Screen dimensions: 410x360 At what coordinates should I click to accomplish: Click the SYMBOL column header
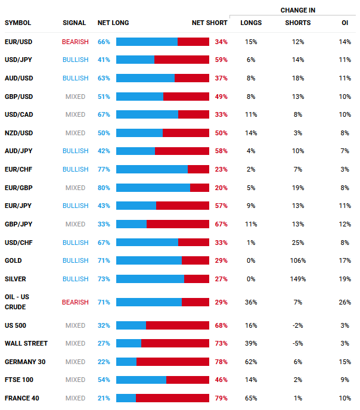(x=18, y=23)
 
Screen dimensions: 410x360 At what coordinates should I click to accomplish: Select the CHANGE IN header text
(x=298, y=10)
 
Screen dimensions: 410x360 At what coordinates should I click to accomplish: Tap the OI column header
(x=345, y=23)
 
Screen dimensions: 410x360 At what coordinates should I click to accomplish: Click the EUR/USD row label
(x=18, y=42)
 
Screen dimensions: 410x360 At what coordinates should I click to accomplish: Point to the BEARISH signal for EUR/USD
(x=75, y=42)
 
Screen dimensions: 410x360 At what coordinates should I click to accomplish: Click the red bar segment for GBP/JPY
(x=178, y=224)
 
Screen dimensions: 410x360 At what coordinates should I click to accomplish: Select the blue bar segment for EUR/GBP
(x=153, y=188)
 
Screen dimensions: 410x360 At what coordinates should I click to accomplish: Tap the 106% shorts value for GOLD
(x=298, y=260)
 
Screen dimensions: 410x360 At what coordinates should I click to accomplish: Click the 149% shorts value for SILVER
(x=298, y=279)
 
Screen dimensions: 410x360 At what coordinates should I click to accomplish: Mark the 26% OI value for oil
(x=345, y=302)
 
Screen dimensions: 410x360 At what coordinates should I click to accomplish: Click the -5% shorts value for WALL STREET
(x=298, y=343)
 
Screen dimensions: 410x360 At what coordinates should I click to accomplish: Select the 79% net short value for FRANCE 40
(x=221, y=398)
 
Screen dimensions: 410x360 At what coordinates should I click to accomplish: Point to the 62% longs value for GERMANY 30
(x=251, y=362)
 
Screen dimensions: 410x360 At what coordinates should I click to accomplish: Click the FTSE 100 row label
(x=18, y=380)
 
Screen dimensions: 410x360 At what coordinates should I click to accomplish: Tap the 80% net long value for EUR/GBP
(x=104, y=188)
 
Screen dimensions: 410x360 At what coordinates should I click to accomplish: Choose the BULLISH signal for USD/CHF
(x=75, y=243)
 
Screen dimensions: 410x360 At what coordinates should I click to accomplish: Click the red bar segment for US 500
(x=178, y=325)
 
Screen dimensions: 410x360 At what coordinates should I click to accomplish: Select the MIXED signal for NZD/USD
(x=75, y=133)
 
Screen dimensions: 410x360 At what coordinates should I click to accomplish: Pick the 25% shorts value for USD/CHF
(x=298, y=243)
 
